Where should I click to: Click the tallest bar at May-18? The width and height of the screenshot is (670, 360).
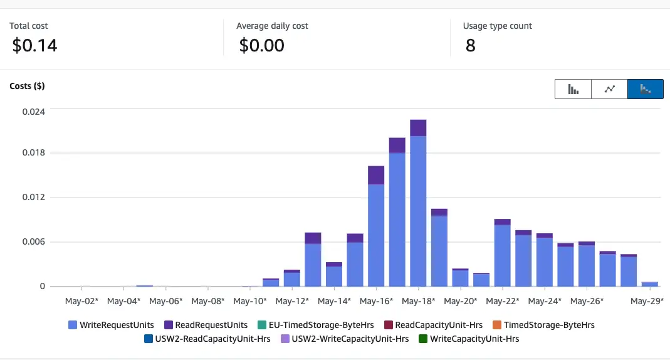(418, 207)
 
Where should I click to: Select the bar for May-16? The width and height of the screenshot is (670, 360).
(376, 232)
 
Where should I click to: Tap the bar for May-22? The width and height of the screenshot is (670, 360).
(502, 254)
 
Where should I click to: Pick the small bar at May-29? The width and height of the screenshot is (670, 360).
(650, 284)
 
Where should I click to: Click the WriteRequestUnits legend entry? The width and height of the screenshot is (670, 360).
(111, 325)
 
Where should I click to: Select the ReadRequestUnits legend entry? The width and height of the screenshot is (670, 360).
(206, 325)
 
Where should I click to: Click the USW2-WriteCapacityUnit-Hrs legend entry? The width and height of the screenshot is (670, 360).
(344, 339)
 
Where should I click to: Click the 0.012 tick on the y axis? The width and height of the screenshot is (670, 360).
(33, 198)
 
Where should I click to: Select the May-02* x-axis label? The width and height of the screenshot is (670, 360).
(81, 301)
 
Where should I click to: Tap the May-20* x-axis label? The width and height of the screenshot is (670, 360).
(460, 301)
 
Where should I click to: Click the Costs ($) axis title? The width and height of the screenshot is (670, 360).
(27, 86)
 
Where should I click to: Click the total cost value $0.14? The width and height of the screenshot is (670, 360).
(34, 45)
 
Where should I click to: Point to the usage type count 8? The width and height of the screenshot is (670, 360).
(470, 45)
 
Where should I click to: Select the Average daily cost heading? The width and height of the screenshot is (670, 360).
(272, 26)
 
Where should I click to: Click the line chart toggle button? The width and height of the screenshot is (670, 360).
(609, 89)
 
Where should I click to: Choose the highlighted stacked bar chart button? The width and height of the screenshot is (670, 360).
(645, 89)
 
